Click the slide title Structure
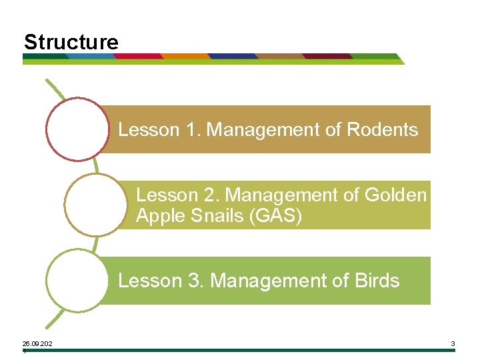click(x=71, y=43)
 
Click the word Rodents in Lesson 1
click(x=383, y=129)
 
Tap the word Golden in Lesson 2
click(x=396, y=195)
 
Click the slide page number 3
click(x=453, y=344)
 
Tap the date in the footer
click(x=37, y=344)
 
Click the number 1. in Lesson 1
click(x=191, y=129)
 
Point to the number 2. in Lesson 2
click(x=211, y=195)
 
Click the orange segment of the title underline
click(x=186, y=57)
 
